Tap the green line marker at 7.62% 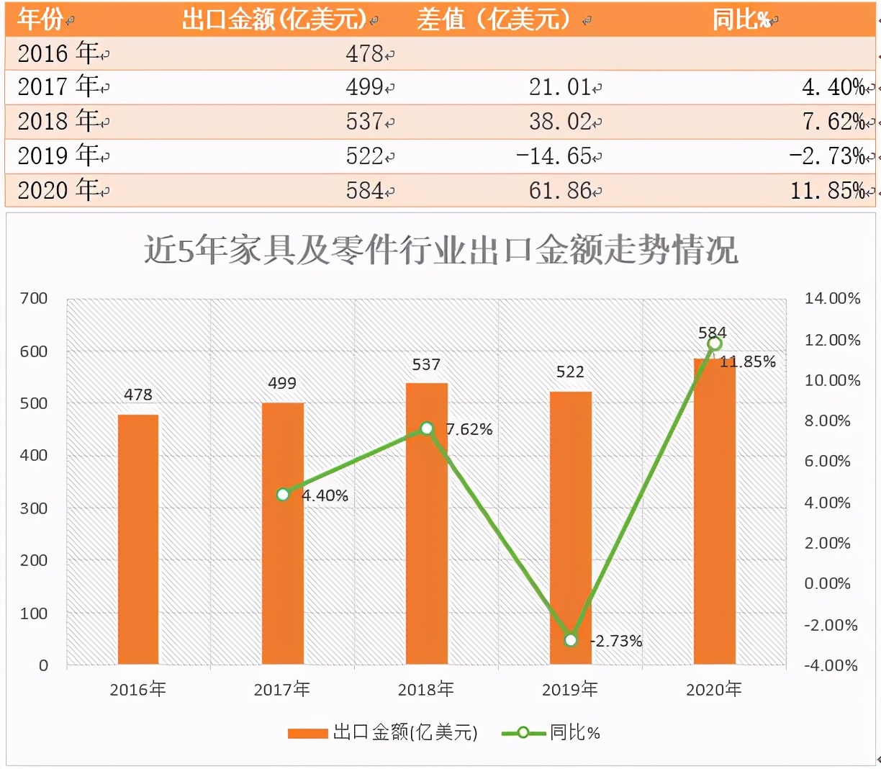click(x=426, y=428)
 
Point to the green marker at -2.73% click(x=571, y=639)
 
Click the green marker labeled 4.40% click(x=283, y=495)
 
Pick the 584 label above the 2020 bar click(x=712, y=333)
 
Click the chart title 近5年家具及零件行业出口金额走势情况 click(x=440, y=251)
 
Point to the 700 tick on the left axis click(x=34, y=298)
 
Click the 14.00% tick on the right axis click(x=832, y=298)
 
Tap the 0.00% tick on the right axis click(x=827, y=583)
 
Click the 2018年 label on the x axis click(x=425, y=689)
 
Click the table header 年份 click(x=40, y=19)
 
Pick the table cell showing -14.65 click(x=554, y=156)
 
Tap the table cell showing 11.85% click(x=828, y=191)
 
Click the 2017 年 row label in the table click(x=58, y=87)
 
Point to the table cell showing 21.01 click(x=560, y=87)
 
